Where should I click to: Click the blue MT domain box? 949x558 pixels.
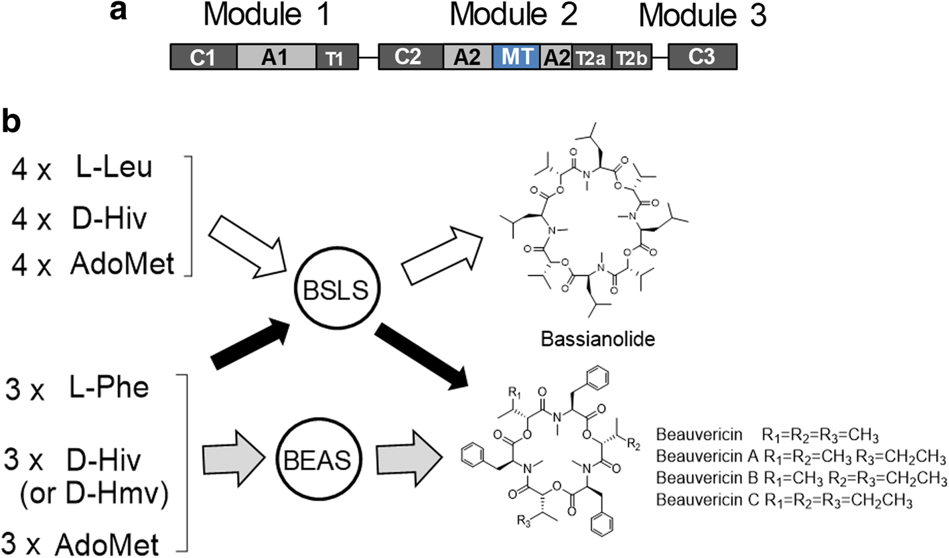[x=516, y=58]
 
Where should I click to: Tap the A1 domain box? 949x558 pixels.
[x=276, y=58]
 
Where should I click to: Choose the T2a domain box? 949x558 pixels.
[x=591, y=58]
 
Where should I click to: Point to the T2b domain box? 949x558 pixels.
[x=631, y=58]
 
